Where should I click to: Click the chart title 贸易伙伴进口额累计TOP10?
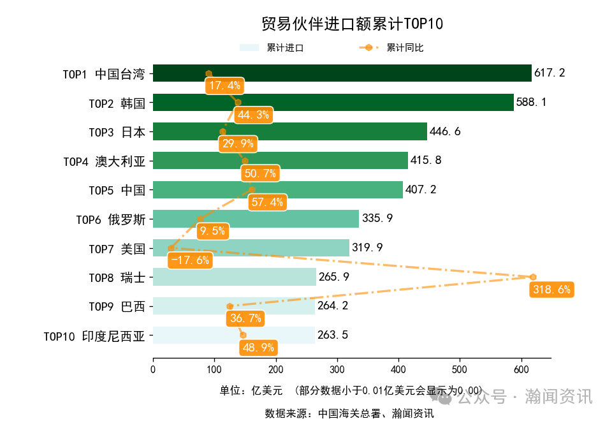[x=352, y=24]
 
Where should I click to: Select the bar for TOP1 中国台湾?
[x=342, y=73]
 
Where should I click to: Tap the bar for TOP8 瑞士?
[x=235, y=277]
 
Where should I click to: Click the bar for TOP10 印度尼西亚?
[x=234, y=335]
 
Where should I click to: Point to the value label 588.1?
[x=532, y=102]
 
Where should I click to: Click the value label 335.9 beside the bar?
[x=377, y=219]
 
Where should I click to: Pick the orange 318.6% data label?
[x=551, y=290]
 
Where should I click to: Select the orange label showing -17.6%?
[x=190, y=260]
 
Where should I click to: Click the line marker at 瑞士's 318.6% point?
[x=533, y=277]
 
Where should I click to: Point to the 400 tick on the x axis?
[x=398, y=369]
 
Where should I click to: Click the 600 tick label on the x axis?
[x=521, y=369]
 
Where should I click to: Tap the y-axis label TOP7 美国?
[x=117, y=249]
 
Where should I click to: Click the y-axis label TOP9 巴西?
[x=117, y=307]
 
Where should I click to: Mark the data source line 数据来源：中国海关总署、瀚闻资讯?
[x=349, y=413]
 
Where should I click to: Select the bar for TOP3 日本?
[x=289, y=131]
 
